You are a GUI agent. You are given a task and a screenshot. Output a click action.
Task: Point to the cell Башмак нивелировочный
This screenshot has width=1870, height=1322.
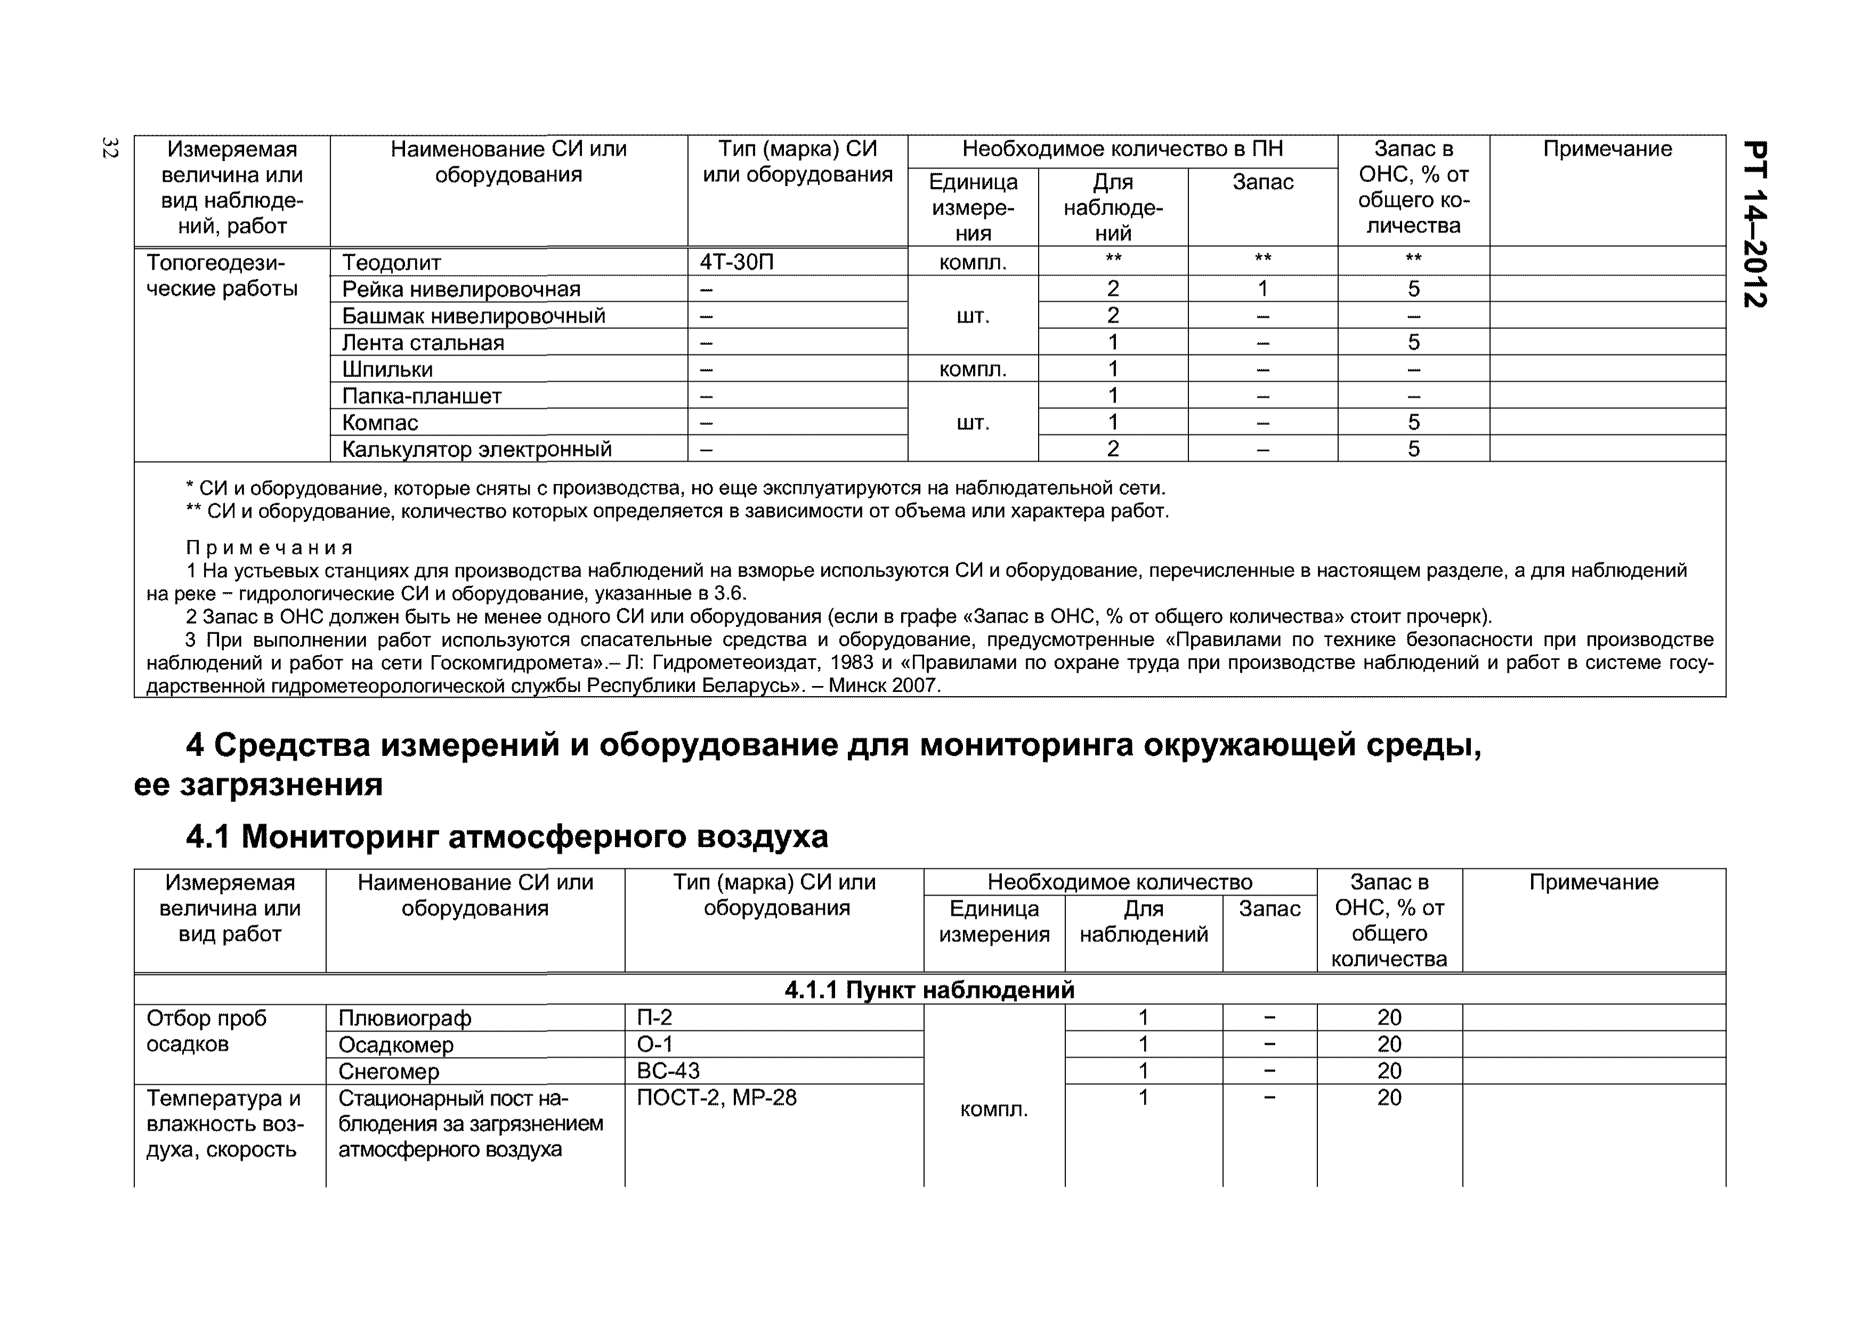(473, 316)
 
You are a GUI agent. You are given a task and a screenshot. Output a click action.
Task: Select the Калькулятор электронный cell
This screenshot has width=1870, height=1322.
(476, 449)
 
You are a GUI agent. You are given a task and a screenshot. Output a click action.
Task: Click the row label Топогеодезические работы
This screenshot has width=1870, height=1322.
(222, 275)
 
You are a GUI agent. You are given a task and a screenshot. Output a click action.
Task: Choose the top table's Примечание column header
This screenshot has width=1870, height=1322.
(1607, 149)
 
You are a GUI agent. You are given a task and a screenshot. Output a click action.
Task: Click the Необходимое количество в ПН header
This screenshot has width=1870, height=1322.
(1122, 149)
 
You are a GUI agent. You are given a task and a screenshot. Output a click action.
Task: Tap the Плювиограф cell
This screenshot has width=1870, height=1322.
(405, 1018)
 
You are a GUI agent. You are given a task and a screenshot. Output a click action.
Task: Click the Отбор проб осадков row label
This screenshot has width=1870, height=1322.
(207, 1030)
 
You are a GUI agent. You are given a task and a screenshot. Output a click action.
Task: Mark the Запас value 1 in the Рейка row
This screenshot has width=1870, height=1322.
(1262, 288)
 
